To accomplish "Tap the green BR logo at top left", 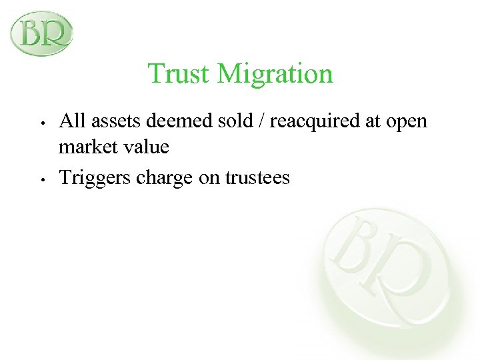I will coord(41,33).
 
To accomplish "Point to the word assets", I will coord(113,121).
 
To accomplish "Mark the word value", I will coord(145,146).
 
